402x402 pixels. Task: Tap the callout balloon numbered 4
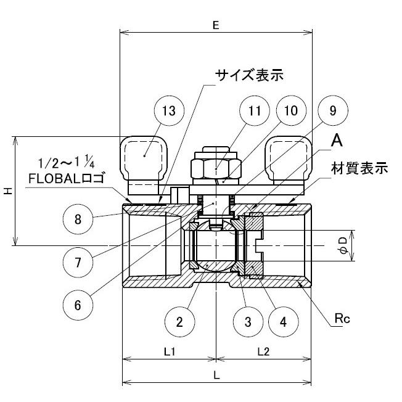coord(282,321)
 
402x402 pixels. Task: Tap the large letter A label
coord(337,141)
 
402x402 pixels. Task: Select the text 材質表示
coord(359,168)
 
